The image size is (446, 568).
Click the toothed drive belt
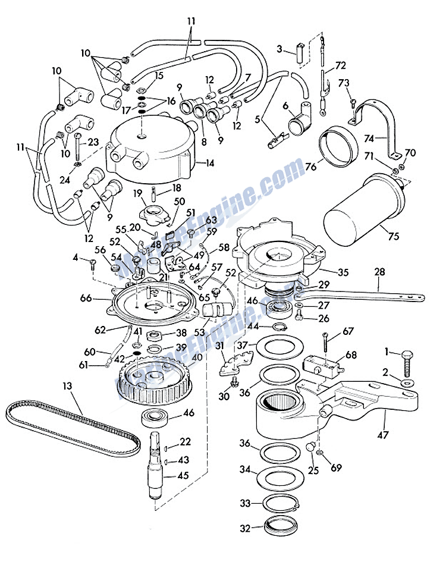(71, 423)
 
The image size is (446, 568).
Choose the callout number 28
(379, 272)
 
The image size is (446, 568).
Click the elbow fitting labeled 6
(298, 123)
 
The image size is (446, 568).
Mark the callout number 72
(341, 64)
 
